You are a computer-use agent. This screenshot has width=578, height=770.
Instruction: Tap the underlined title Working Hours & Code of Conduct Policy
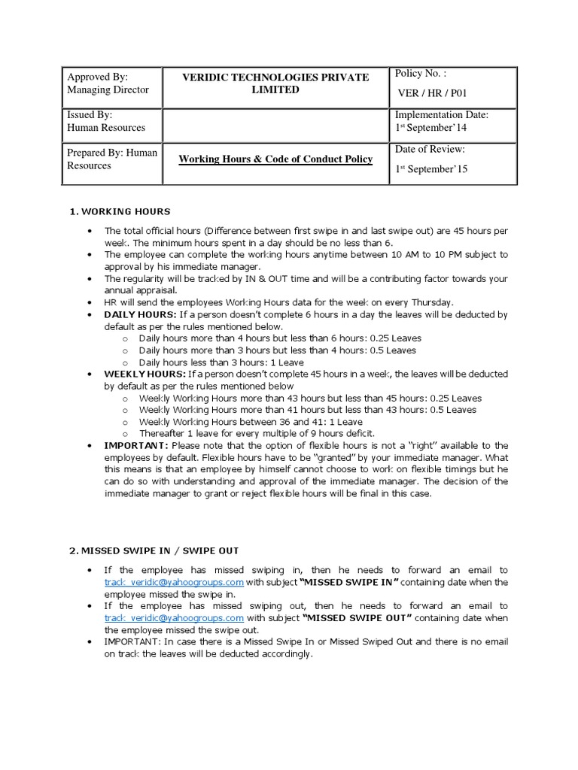click(x=275, y=159)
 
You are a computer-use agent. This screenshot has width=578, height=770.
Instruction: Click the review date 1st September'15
click(x=432, y=169)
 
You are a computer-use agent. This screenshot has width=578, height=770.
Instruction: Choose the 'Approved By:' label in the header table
click(x=98, y=77)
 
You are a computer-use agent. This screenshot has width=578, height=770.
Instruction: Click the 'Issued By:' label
click(x=90, y=115)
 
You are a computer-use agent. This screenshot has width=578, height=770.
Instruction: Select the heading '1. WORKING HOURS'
click(x=120, y=211)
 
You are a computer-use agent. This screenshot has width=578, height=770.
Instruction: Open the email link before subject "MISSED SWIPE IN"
click(x=174, y=582)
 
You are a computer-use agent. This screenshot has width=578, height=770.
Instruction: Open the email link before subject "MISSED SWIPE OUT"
click(x=174, y=618)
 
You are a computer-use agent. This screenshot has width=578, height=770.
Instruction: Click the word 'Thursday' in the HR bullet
click(x=430, y=302)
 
